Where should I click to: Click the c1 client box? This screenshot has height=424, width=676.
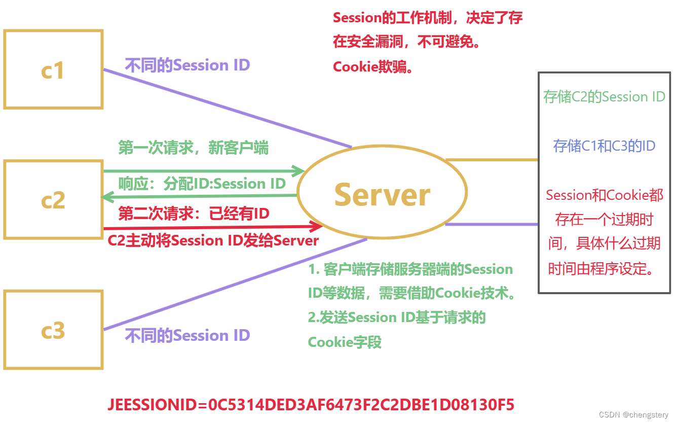(x=53, y=69)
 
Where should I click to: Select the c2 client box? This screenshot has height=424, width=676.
(x=53, y=199)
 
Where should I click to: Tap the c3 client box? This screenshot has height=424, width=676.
(x=53, y=330)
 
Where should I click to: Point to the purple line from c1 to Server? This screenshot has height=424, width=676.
(x=228, y=109)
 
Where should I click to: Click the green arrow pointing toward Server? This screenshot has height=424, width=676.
(x=203, y=171)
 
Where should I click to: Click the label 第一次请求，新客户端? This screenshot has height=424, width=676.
(x=194, y=148)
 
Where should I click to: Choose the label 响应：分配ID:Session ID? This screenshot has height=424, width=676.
(x=202, y=184)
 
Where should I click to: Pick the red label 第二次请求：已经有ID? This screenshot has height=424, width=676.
(x=194, y=214)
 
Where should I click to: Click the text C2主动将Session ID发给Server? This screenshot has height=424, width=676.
(x=213, y=240)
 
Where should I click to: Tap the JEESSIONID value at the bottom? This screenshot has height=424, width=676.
(x=311, y=405)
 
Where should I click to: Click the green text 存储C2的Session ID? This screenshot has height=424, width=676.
(x=604, y=97)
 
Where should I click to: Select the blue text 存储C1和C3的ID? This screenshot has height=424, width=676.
(x=604, y=146)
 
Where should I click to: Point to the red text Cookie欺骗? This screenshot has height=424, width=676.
(x=373, y=67)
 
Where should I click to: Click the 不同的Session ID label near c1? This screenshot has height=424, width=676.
(x=187, y=65)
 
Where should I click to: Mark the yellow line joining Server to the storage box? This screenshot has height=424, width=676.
(x=492, y=160)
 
